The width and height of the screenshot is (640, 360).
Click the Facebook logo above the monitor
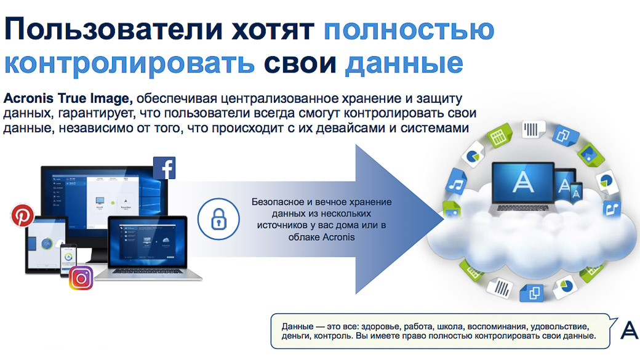[x=164, y=168]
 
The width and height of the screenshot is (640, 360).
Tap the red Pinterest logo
[x=22, y=215]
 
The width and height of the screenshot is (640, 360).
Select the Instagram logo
[x=81, y=278]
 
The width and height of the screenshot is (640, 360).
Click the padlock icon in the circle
[x=219, y=219]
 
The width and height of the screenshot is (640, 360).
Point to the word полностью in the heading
[x=409, y=29]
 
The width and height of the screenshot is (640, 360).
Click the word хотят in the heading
[x=273, y=30]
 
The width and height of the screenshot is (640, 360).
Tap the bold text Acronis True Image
[x=68, y=98]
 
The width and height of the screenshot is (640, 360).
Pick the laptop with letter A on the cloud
[x=523, y=187]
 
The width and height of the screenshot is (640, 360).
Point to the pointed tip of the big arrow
[x=443, y=219]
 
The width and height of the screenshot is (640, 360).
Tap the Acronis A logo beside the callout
[x=630, y=330]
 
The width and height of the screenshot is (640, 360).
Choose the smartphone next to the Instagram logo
[x=68, y=261]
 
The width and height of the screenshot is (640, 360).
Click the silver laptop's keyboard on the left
[x=148, y=271]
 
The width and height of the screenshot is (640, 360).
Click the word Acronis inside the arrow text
[x=339, y=237]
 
